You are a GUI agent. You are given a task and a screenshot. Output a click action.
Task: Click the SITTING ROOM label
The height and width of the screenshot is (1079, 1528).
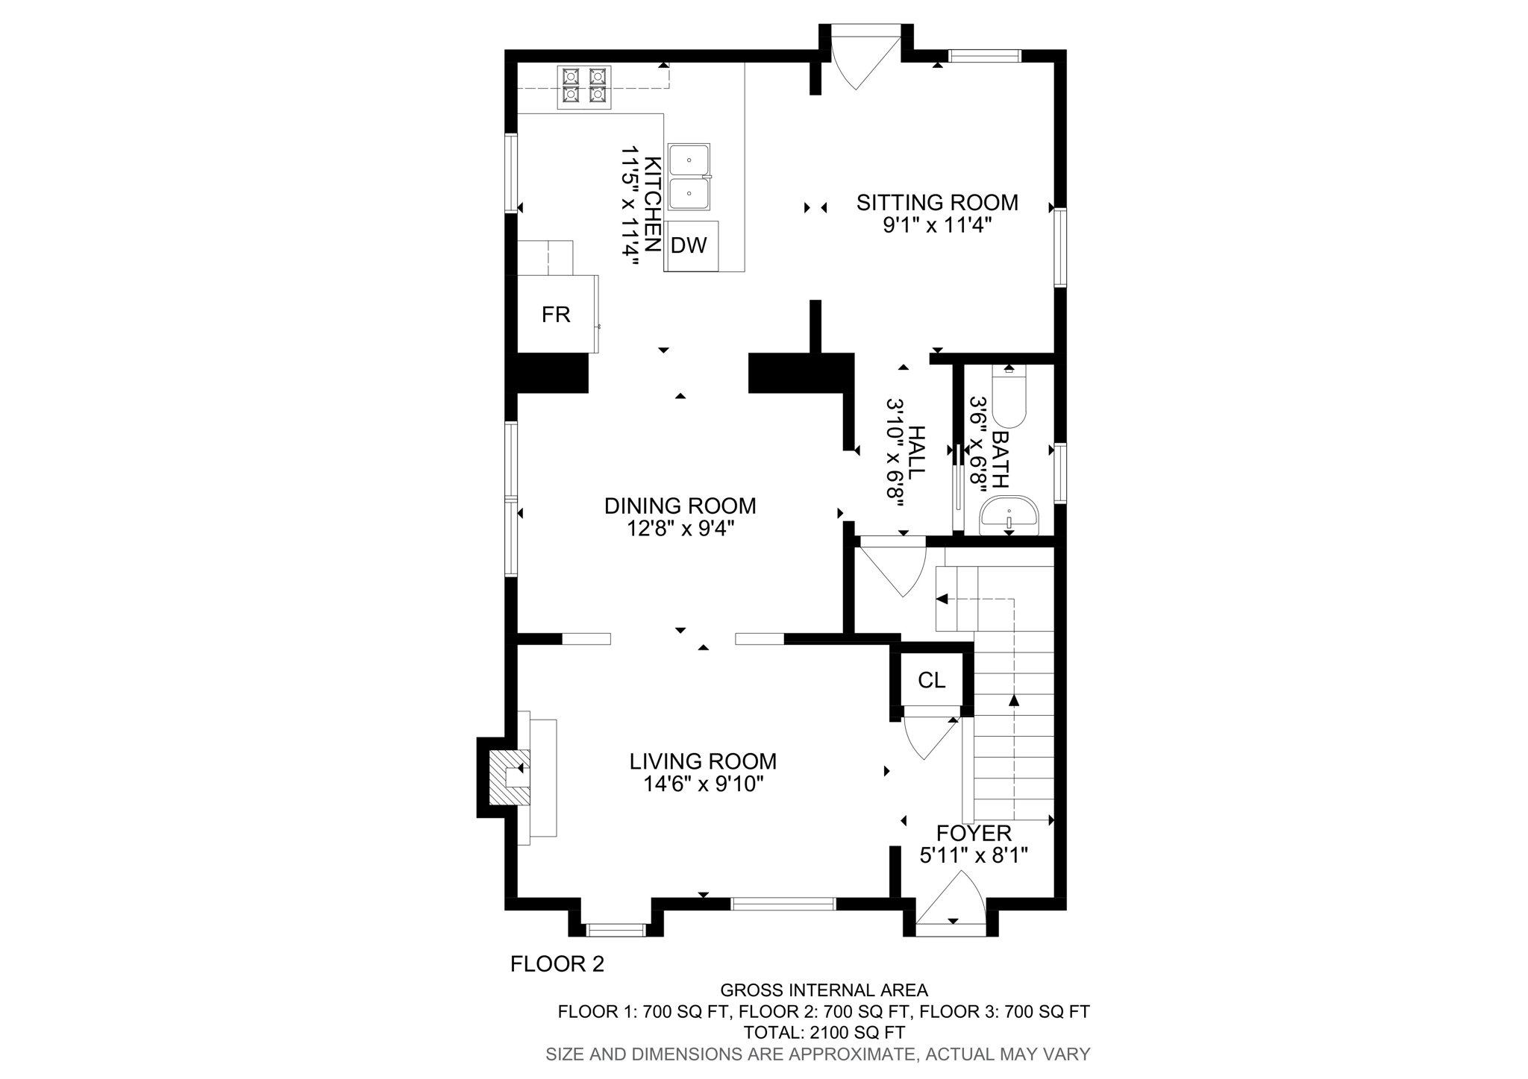point(936,202)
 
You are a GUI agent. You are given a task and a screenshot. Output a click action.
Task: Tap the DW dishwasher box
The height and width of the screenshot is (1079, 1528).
point(689,245)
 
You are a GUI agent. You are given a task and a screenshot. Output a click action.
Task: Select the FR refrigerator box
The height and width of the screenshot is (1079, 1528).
point(557,315)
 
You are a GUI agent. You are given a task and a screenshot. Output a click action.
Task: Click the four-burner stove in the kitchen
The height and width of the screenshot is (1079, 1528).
point(584,86)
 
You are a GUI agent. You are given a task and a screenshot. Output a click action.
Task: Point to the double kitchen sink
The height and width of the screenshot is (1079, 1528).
point(689,177)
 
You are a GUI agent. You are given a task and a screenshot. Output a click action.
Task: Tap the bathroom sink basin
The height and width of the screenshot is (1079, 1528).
point(1009,516)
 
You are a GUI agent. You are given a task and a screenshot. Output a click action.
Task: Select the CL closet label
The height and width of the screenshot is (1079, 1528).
point(931,680)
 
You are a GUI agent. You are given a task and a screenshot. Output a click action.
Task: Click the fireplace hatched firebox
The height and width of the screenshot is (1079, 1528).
point(509,778)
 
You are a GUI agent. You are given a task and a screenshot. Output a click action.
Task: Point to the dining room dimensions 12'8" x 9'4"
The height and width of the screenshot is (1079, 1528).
point(680,529)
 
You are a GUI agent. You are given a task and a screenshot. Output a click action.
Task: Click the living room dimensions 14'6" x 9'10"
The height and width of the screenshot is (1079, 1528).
point(703,784)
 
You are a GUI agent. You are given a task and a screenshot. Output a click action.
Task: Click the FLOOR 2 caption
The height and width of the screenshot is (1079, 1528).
point(557,964)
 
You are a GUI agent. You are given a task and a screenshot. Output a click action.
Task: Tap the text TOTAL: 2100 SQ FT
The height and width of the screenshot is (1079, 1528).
point(824,1033)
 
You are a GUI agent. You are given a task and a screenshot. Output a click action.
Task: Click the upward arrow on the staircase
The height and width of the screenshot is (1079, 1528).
point(1013,699)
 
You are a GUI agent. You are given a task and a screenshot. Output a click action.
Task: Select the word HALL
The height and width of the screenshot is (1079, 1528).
point(916,452)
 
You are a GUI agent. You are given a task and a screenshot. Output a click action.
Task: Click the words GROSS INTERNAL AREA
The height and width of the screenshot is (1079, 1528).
point(824,990)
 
